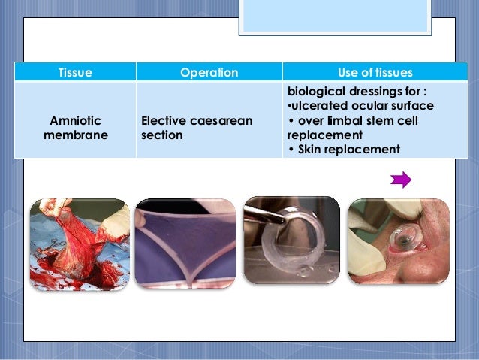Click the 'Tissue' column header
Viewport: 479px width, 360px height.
point(75,73)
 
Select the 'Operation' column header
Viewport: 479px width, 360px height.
point(209,73)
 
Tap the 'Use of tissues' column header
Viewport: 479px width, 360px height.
point(375,73)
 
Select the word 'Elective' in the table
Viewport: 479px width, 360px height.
point(164,120)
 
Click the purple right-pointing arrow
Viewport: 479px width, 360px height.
point(402,180)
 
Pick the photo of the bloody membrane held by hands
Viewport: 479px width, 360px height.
point(80,244)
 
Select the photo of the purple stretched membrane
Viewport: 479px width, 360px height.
point(184,244)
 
